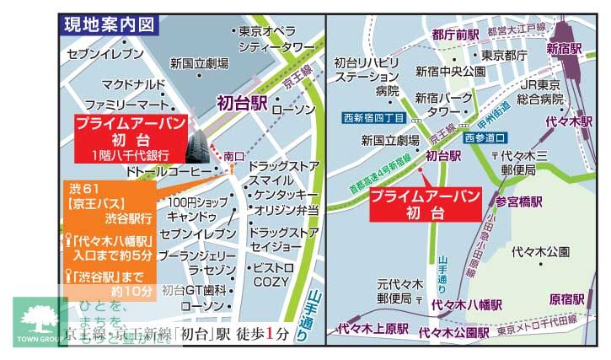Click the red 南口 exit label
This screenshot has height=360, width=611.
coord(233,156)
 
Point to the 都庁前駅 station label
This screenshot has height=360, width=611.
coord(455,35)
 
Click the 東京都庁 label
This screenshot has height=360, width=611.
coord(505,56)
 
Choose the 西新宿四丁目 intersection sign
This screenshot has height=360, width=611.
coord(374,119)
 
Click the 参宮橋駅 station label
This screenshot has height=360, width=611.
coord(519,201)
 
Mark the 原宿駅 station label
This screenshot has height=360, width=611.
coord(566,298)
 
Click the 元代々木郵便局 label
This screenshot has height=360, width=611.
coord(394,291)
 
